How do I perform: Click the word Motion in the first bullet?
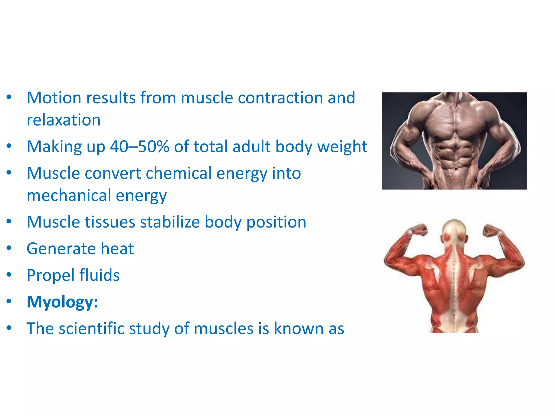[x=54, y=98]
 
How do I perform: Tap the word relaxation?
[x=64, y=120]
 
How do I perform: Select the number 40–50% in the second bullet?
[x=140, y=147]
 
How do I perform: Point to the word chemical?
[x=179, y=173]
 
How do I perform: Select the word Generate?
[x=61, y=249]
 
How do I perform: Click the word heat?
[x=117, y=249]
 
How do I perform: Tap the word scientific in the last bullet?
[x=91, y=329]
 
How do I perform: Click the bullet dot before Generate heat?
[x=9, y=248]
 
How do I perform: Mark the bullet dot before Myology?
[x=9, y=301]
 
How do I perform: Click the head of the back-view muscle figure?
[x=454, y=230]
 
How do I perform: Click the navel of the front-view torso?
[x=456, y=169]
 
